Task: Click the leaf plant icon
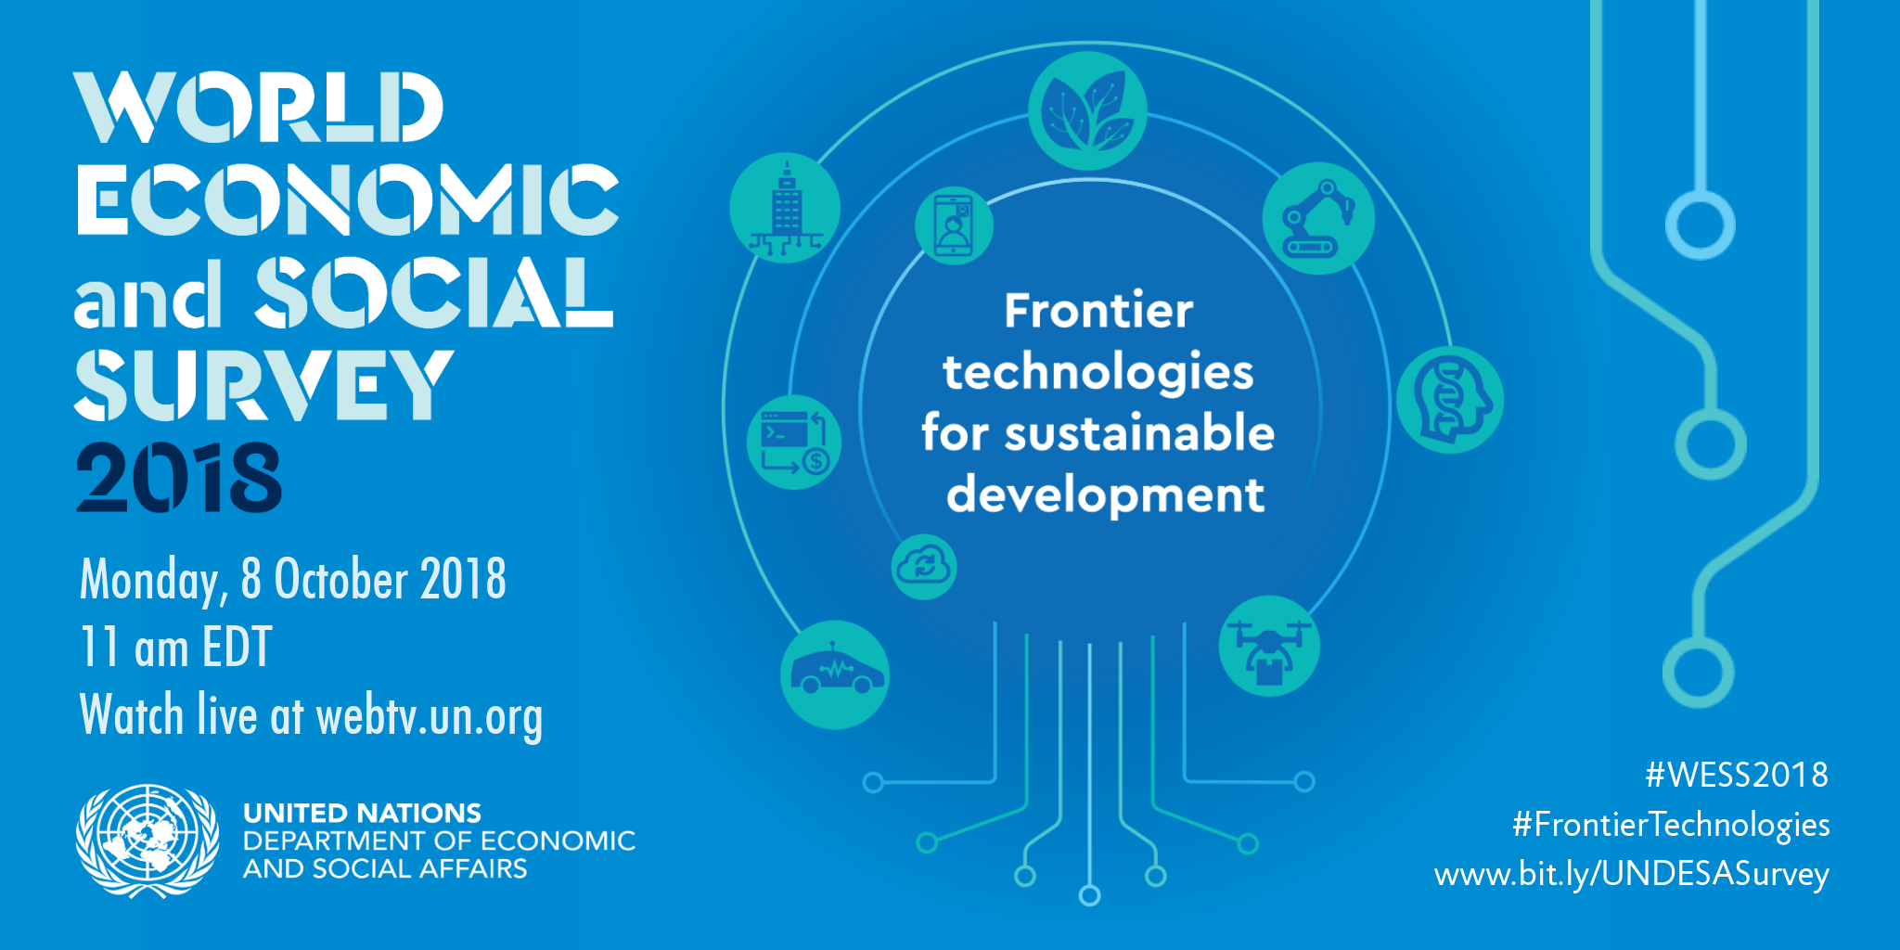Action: pos(1087,110)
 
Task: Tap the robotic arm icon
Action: pos(1318,218)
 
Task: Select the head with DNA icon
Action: pos(1449,400)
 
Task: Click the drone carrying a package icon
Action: pos(1269,646)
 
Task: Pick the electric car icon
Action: pos(835,674)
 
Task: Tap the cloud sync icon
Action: pos(924,567)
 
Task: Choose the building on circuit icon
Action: pos(785,208)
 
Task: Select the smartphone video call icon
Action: pos(954,225)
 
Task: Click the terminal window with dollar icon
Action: pos(794,443)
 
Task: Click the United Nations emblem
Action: pos(148,841)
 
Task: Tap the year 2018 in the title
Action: pos(178,477)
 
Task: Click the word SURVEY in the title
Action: pos(264,384)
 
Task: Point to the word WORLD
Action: pos(259,108)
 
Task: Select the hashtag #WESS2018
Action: pos(1737,775)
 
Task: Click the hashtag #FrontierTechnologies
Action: pos(1671,825)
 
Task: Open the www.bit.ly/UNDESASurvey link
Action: pos(1632,875)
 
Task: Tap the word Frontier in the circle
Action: pos(1098,310)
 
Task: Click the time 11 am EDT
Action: pos(176,647)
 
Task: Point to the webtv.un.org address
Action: pos(430,717)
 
